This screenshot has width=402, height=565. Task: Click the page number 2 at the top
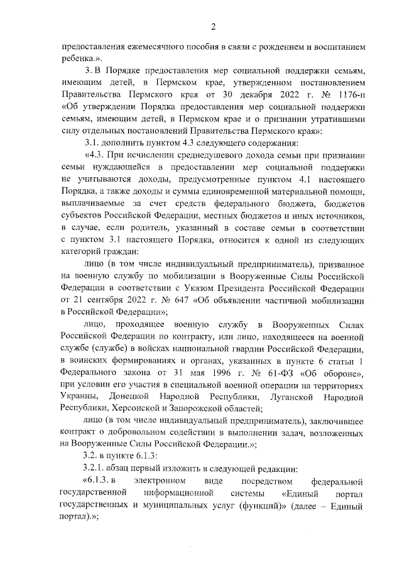[213, 26]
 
